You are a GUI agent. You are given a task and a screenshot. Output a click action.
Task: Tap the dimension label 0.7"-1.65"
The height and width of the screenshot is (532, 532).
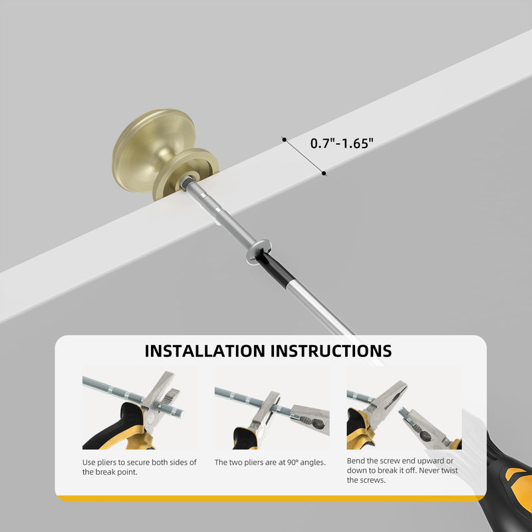point(342,143)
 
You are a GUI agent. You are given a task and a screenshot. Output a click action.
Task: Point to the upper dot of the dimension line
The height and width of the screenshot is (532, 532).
point(285,139)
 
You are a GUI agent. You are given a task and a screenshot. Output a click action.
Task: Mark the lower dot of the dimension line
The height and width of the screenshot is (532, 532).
point(324,174)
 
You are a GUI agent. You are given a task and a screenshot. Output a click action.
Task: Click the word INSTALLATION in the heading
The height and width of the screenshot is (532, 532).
point(205,351)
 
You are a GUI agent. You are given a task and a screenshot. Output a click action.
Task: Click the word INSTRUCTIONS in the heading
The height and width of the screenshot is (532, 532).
point(331,351)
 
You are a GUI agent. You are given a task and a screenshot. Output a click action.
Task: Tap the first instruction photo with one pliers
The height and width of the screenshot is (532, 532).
point(140,408)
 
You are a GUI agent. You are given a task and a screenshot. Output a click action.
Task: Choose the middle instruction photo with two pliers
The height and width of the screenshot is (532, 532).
point(272,408)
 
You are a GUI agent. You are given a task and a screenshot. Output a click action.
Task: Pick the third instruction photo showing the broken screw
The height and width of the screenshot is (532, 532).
point(404,408)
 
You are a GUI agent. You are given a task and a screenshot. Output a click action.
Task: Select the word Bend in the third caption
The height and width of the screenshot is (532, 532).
point(355,461)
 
